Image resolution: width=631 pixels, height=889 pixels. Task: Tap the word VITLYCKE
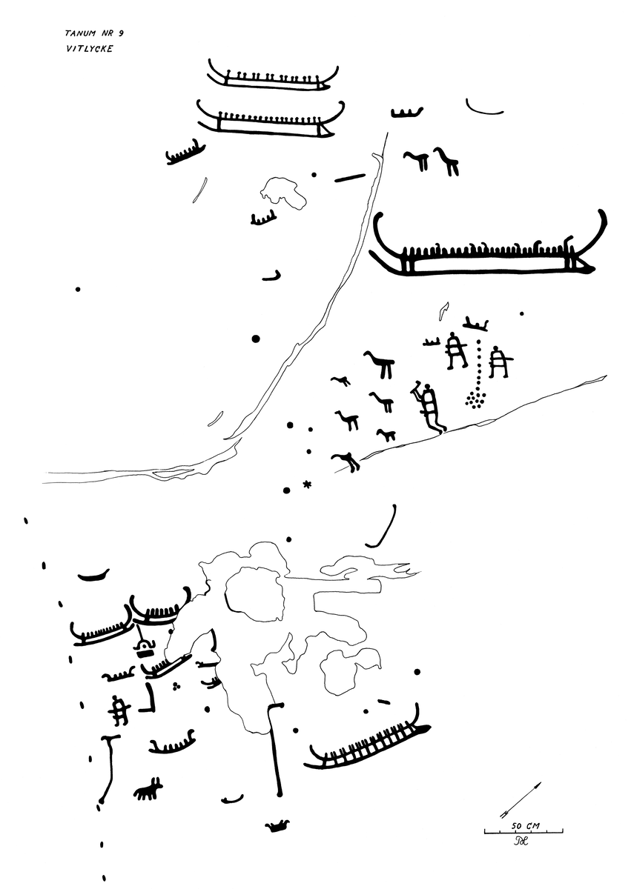pos(90,49)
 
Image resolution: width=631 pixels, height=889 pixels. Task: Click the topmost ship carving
pos(273,76)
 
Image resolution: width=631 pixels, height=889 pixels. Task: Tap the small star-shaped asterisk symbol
pos(307,485)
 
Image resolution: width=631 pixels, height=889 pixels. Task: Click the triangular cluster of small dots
pos(476,399)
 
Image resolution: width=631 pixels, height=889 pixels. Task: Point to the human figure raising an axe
pos(428,407)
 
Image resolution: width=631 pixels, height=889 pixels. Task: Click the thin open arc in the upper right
pos(484,108)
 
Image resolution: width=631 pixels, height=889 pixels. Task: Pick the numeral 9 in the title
pos(121,33)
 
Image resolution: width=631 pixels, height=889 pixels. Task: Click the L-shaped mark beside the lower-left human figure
pos(149,697)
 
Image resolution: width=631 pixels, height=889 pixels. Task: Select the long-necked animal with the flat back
pos(379,364)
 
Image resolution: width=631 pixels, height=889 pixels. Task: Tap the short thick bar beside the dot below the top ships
pos(349,177)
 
